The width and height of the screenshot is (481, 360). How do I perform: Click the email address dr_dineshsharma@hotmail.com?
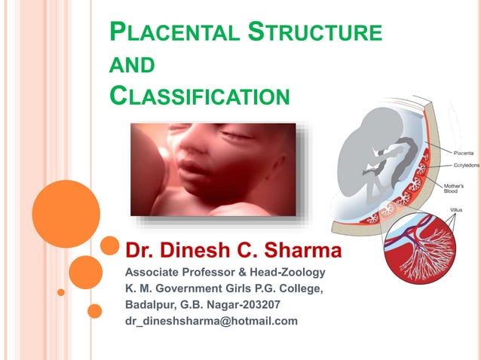click(x=211, y=321)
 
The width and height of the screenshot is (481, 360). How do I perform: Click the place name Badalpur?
click(x=151, y=305)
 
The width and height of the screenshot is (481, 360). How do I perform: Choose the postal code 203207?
click(x=256, y=305)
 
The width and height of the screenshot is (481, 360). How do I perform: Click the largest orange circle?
click(x=66, y=214)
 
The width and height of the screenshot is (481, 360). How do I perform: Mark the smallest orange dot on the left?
click(x=61, y=292)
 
